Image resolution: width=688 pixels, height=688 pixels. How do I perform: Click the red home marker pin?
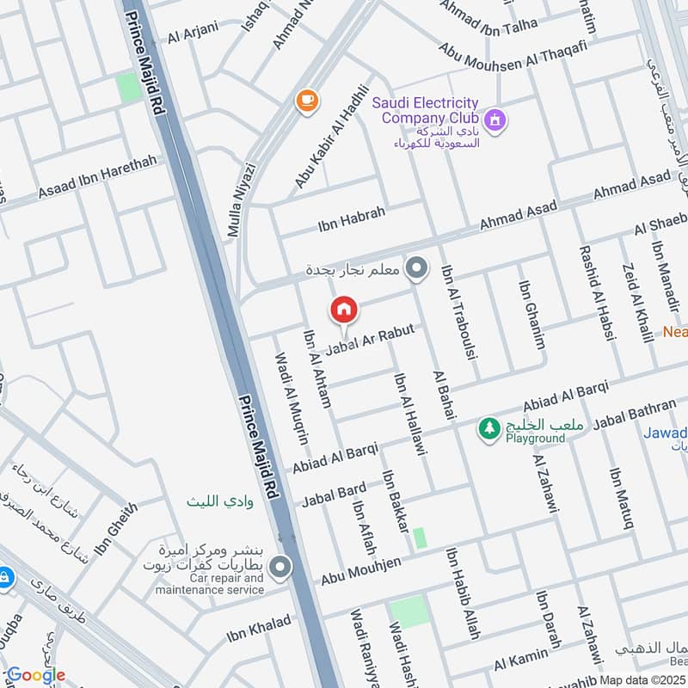[344, 310]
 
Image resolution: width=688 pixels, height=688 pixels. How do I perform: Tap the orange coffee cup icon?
[305, 101]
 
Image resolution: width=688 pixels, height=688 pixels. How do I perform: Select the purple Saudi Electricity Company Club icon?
[494, 120]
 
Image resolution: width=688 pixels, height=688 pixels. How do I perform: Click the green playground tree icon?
[489, 427]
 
